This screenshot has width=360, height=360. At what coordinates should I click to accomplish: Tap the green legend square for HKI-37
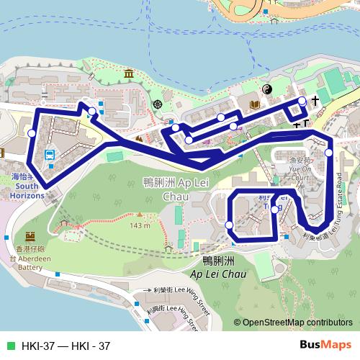(9, 346)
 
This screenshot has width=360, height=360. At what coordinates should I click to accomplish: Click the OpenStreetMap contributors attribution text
(297, 323)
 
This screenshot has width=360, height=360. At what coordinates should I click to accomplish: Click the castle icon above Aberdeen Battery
(30, 236)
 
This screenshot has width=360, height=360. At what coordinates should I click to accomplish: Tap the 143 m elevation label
(139, 225)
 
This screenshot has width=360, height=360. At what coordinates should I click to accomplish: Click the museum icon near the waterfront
(129, 74)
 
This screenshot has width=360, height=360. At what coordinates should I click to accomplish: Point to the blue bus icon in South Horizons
(50, 155)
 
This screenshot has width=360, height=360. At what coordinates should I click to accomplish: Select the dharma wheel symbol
(158, 104)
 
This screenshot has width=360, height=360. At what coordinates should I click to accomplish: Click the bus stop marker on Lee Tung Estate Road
(328, 153)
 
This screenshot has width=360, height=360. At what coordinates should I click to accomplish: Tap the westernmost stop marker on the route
(31, 133)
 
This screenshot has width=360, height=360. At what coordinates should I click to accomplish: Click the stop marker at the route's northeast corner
(302, 101)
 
